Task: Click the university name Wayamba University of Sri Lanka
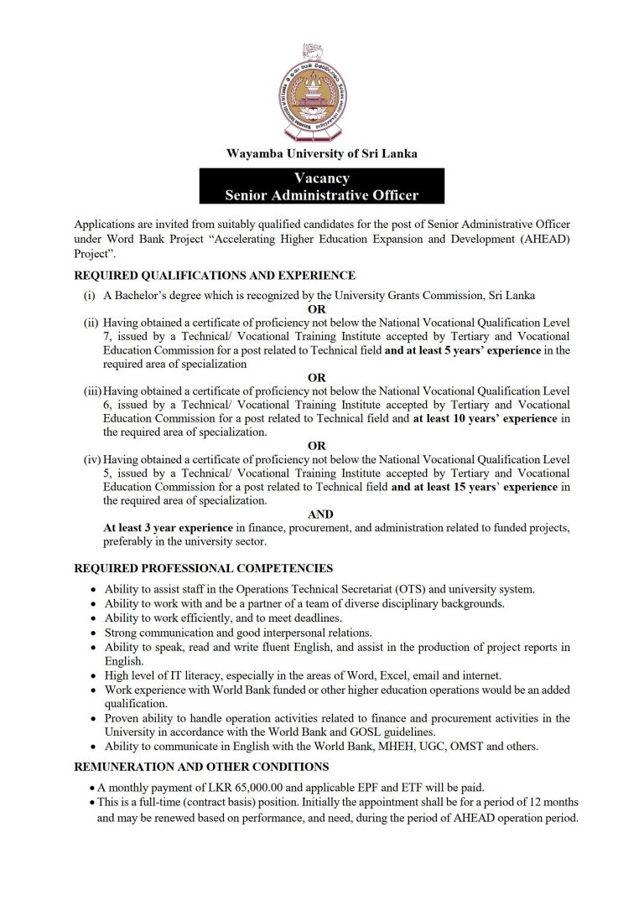tap(321, 153)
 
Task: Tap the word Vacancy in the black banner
tap(321, 178)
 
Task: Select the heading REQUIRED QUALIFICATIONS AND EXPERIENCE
tap(215, 275)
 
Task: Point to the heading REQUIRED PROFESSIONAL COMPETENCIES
tap(204, 568)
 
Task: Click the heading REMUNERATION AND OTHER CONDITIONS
tap(201, 767)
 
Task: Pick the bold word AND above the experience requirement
tap(320, 514)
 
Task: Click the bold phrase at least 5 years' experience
tap(462, 350)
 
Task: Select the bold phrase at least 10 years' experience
tap(485, 418)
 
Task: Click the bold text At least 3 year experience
tap(168, 528)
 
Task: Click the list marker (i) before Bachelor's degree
tap(88, 295)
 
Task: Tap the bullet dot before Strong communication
tap(92, 633)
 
